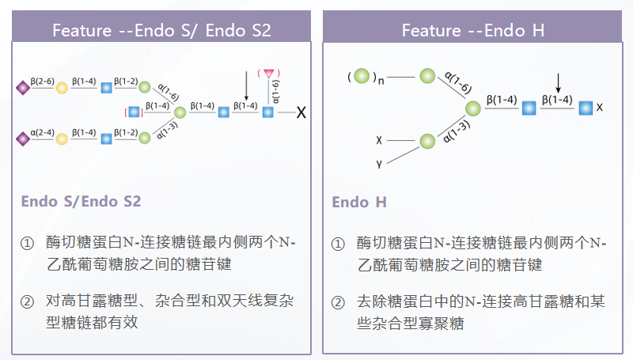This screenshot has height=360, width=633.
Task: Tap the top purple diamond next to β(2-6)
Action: coord(22,87)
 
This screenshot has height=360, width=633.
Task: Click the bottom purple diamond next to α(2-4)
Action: coord(22,138)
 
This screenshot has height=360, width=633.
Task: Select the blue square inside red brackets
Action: coord(134,112)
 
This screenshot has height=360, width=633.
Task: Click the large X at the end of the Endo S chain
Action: coord(301,113)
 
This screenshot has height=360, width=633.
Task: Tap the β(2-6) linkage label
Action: coord(42,80)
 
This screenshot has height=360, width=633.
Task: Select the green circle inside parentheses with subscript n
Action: coord(362,77)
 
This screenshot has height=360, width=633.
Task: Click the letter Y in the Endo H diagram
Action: coord(380,164)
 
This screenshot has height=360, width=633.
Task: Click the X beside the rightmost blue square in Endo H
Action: coord(601,106)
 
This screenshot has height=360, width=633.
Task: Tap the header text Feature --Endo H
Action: coord(473,31)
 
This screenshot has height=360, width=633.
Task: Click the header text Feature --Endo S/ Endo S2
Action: coord(161,31)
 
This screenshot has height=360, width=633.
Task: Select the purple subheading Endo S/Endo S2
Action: coord(81,201)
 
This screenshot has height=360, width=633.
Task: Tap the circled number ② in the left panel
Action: coord(27,301)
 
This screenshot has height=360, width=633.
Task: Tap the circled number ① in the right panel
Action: coord(338,243)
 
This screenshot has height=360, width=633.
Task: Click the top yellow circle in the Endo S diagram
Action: coord(61,87)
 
